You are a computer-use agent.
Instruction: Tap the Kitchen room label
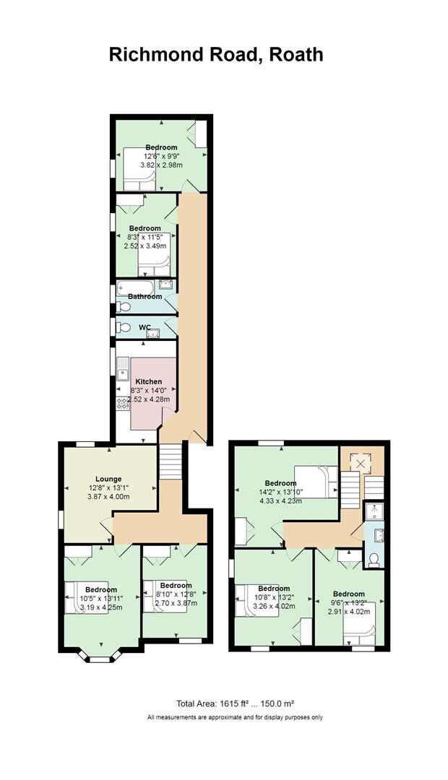(x=148, y=381)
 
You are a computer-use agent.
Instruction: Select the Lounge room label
(x=109, y=479)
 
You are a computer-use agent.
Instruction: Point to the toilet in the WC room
(x=122, y=327)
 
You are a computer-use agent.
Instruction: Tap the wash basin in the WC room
(x=152, y=331)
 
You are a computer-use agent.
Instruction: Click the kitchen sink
(x=123, y=375)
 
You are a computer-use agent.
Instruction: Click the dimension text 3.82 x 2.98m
(x=161, y=165)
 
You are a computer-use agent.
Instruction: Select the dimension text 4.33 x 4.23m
(x=280, y=502)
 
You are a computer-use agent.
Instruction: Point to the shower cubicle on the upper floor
(x=374, y=511)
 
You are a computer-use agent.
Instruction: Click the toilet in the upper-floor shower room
(x=374, y=559)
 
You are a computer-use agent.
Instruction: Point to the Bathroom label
(x=145, y=297)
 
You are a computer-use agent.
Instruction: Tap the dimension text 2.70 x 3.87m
(x=176, y=603)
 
